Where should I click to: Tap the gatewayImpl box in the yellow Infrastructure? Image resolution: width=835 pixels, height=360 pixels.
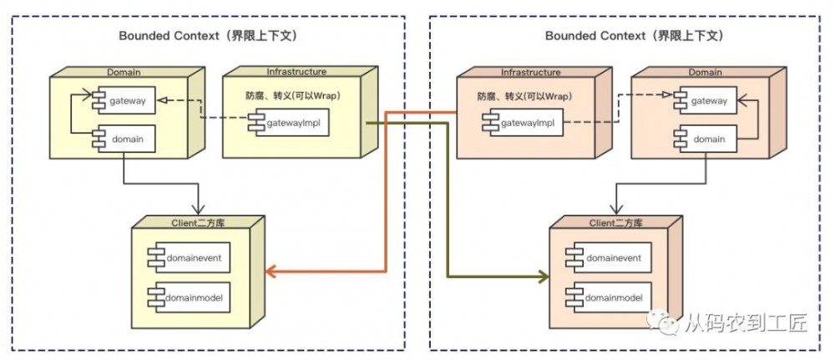(x=289, y=124)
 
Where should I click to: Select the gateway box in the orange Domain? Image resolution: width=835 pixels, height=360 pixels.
(x=706, y=101)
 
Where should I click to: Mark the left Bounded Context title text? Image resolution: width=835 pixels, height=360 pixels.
(x=208, y=36)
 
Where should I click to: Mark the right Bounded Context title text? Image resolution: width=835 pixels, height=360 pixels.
(x=634, y=36)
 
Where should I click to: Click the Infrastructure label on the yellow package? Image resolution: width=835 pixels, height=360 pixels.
(x=296, y=72)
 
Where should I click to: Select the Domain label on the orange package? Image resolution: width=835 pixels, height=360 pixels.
(x=705, y=72)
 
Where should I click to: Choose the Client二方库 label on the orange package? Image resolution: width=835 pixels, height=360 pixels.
(x=614, y=222)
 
